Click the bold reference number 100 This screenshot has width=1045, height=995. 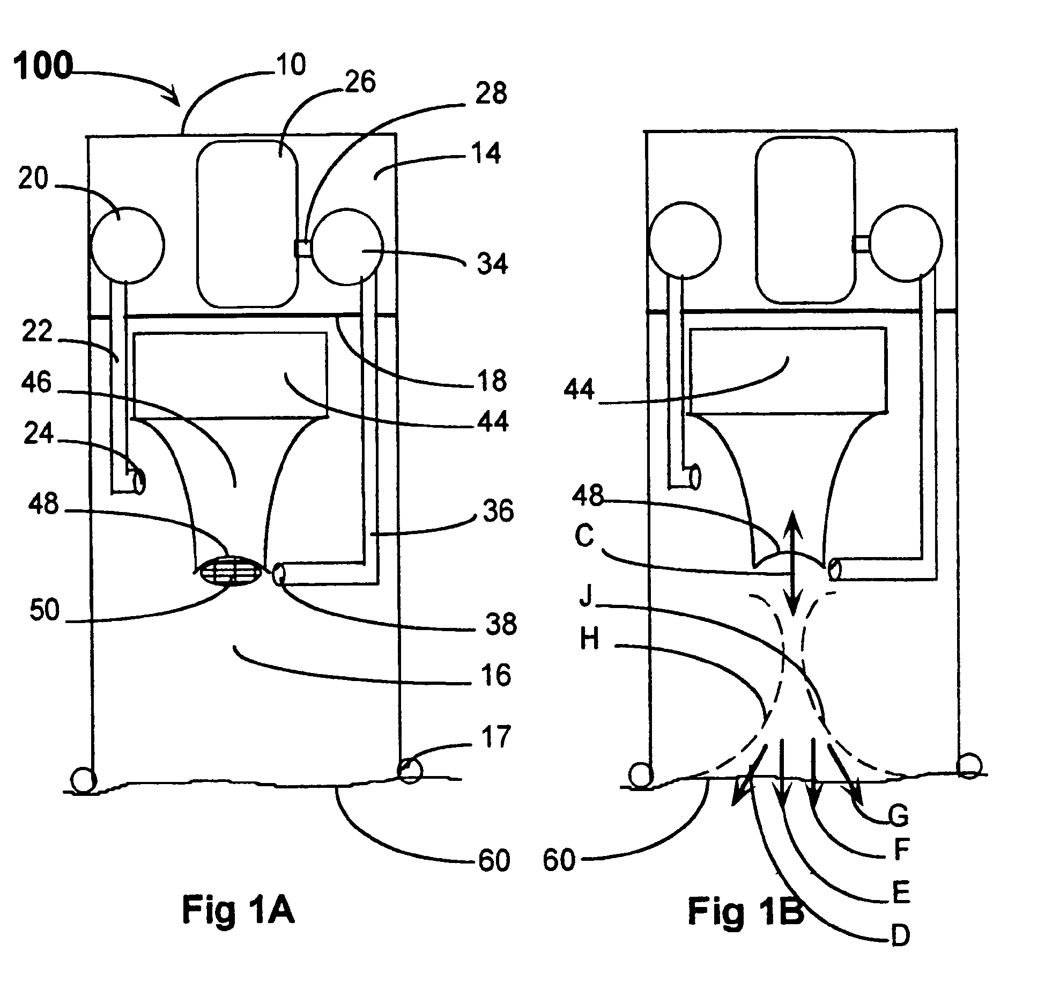[43, 68]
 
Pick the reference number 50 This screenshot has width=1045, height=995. [45, 610]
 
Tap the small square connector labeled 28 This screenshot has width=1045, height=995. [303, 248]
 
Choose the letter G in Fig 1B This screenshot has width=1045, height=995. [899, 816]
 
